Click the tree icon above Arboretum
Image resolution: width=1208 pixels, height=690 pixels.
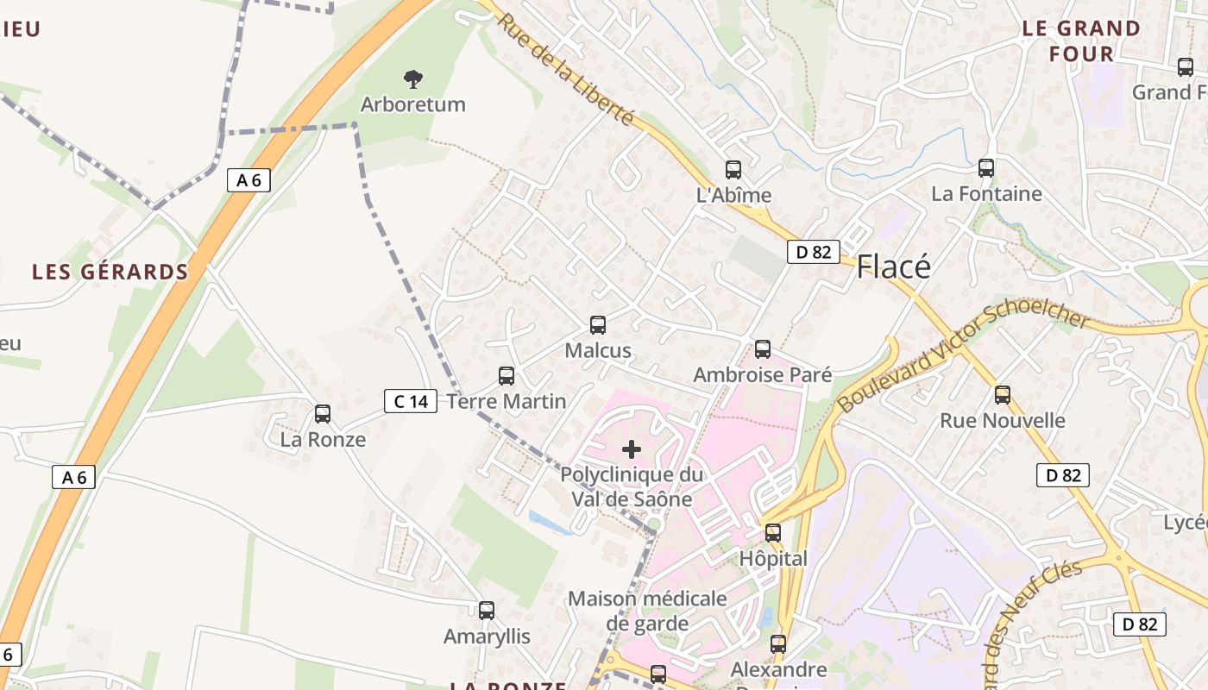pos(413,79)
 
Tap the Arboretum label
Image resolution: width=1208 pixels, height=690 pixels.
pos(412,104)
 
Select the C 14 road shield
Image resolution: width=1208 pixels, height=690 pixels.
pos(411,401)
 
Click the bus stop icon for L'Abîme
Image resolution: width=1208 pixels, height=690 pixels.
pos(733,170)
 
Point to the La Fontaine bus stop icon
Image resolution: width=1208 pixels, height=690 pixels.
pos(986,168)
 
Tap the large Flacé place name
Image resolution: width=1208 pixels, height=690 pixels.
pos(893,267)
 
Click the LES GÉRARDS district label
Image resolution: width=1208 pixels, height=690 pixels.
pos(110,272)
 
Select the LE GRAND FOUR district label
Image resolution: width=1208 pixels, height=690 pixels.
pos(1081,41)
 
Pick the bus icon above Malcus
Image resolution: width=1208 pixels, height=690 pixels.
pos(598,325)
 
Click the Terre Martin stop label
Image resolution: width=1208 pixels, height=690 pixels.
pos(506,401)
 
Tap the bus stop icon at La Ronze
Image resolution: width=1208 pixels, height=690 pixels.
pos(323,414)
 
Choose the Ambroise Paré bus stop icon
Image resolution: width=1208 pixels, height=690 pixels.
pos(763,349)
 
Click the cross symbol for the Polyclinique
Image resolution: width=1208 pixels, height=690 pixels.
pos(632,449)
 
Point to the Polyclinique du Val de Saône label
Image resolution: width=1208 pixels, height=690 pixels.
pos(632,486)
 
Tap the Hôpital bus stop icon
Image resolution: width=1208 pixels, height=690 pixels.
pos(773,533)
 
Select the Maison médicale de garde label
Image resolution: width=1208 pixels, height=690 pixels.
pos(647,611)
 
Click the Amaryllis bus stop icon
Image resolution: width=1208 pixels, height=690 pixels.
pos(487,611)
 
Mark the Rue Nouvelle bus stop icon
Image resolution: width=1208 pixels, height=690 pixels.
pos(1003,395)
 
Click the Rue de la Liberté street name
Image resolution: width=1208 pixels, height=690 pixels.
pos(564,69)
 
